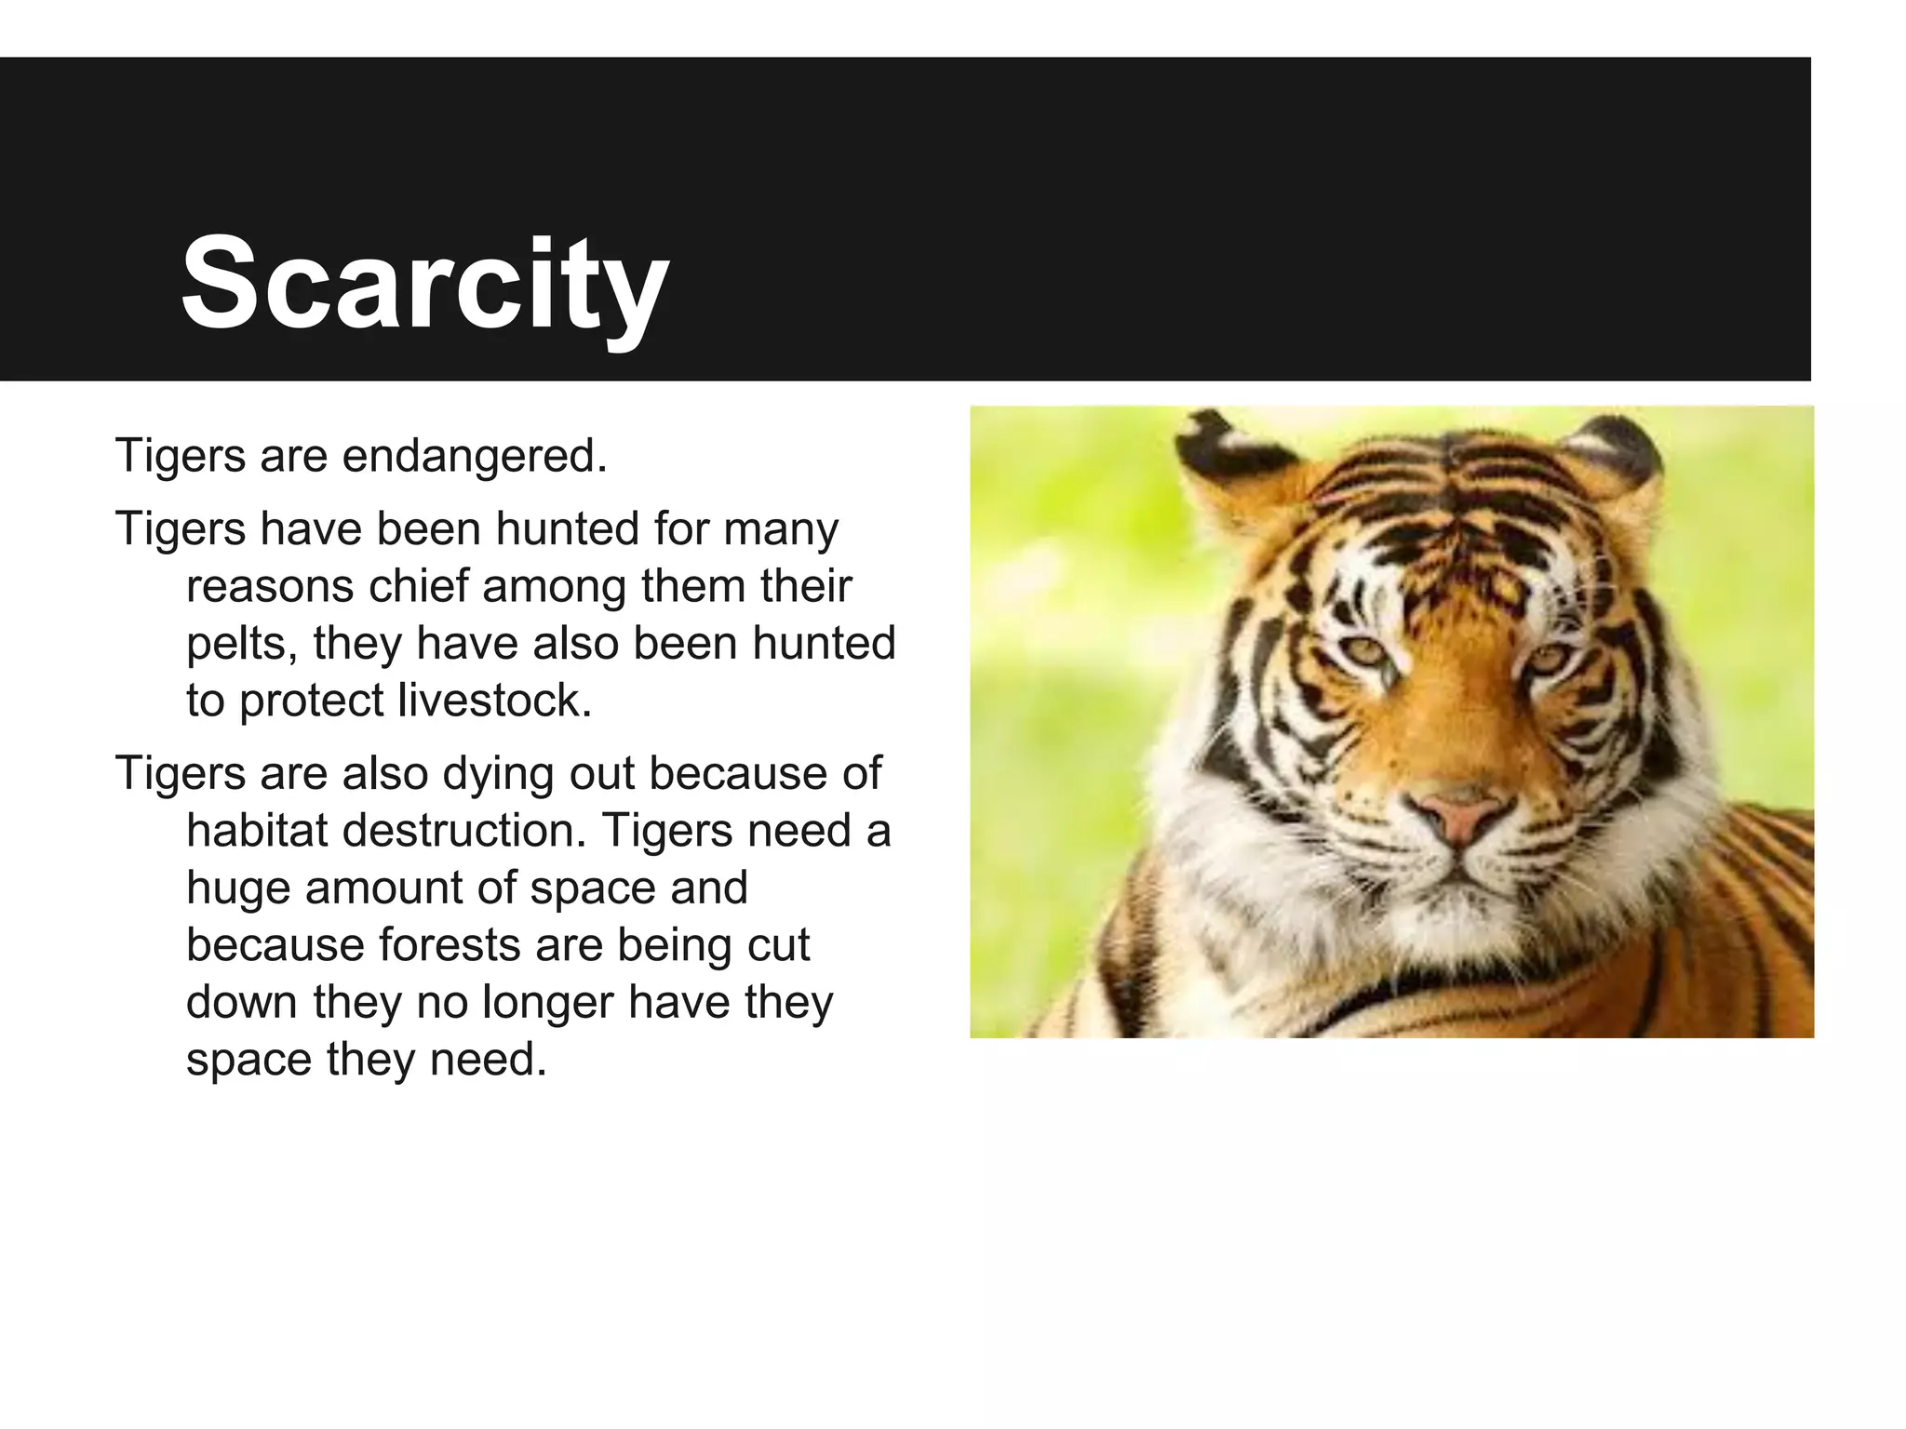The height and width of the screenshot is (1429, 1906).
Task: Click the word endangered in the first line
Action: pos(475,456)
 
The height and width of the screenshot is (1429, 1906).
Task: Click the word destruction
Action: pos(464,830)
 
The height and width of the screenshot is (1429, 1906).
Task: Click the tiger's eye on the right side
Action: pos(1547,660)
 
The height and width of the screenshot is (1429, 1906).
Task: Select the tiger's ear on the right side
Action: pos(1619,456)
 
